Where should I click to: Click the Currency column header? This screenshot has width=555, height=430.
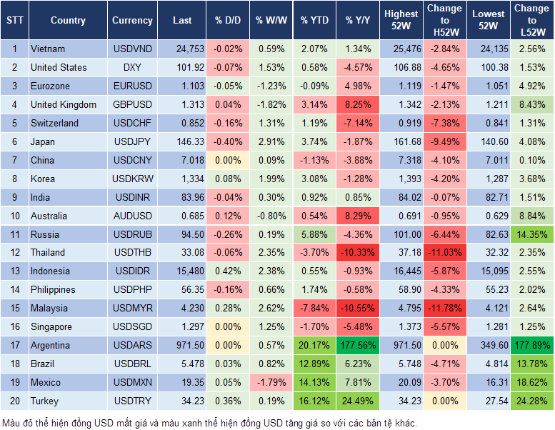coord(132,21)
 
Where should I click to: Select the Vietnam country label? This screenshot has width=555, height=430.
coord(48,49)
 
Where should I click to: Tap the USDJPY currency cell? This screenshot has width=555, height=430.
coord(132,141)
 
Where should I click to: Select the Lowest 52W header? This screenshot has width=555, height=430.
coord(489,21)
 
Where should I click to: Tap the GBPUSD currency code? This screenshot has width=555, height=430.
coord(132,104)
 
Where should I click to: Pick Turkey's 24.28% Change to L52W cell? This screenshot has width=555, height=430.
coord(531,401)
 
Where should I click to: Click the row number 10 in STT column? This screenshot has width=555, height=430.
coord(14,216)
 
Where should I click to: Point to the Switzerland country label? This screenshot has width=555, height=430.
coord(54,123)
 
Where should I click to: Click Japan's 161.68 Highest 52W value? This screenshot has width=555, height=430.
coord(401,141)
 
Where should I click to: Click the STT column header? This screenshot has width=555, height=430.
coord(14,21)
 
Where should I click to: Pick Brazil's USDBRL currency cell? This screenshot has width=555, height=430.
coord(132,364)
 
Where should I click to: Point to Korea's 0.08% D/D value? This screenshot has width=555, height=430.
coord(228,179)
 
